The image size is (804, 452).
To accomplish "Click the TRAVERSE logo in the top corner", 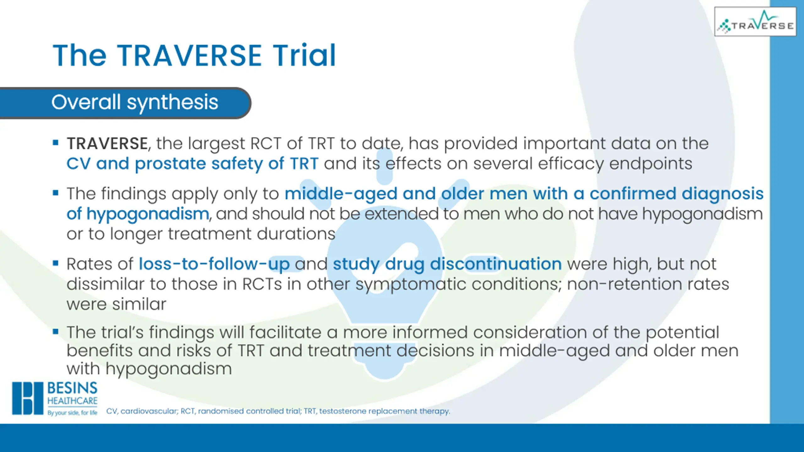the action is coord(755,22).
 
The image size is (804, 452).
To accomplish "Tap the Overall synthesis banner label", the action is coord(135,102).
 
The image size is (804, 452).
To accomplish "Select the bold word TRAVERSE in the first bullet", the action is coord(107,144).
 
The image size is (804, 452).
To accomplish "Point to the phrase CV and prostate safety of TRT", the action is coord(193,164).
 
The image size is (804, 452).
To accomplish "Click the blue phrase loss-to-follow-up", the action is coord(214,264).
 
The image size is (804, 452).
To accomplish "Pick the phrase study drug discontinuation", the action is coord(447,264).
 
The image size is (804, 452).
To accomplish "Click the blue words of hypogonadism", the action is coord(138,214).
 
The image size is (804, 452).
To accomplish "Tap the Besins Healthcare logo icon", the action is coord(28,398).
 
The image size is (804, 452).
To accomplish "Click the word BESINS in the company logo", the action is coord(72,388).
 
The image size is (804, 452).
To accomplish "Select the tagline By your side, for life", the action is coord(72,412).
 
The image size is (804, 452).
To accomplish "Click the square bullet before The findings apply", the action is coord(56,193).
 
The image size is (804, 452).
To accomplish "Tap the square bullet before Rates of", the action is coord(56,263).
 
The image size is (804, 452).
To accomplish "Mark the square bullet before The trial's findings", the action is coord(56,331).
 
